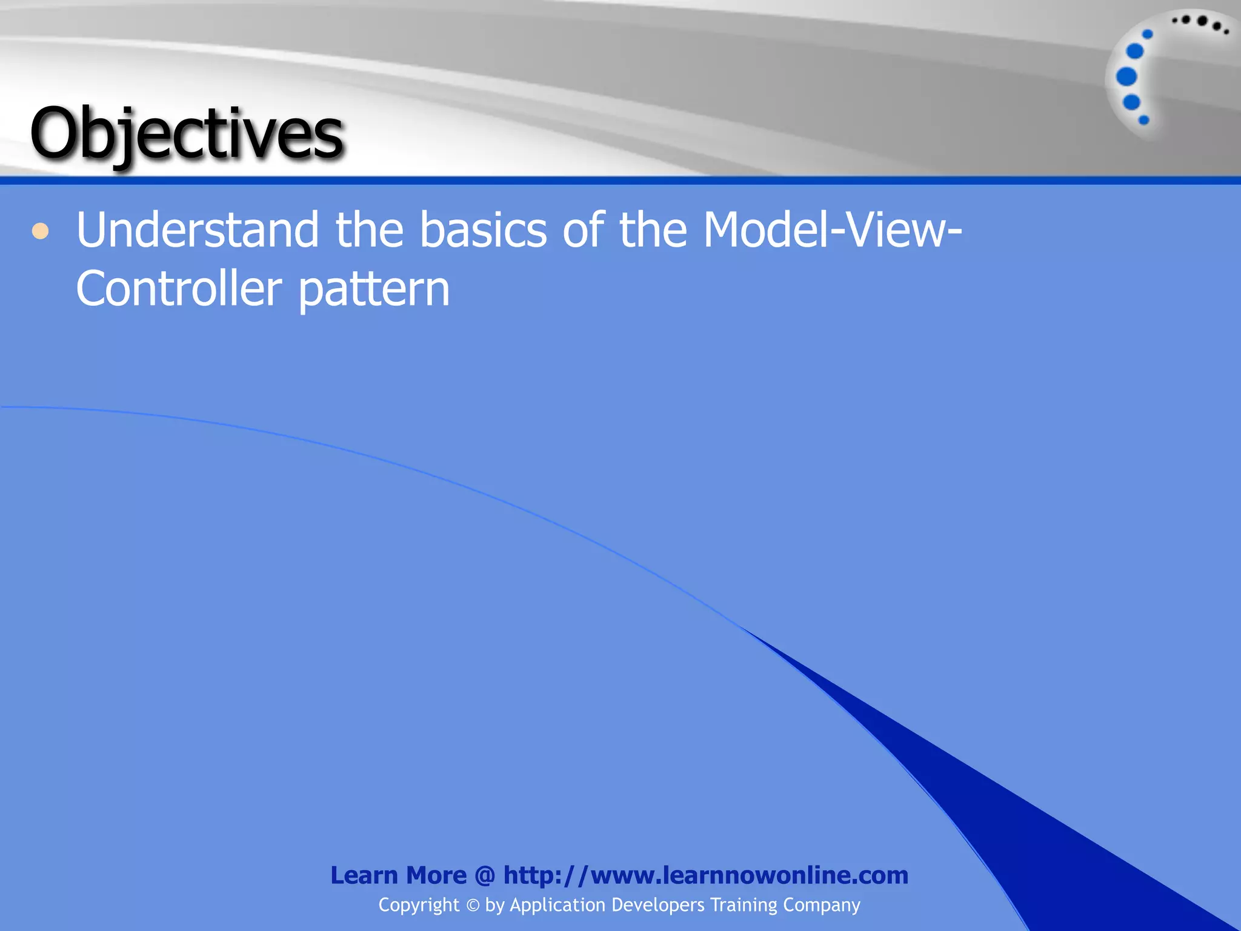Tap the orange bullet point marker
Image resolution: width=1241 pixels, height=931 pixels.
[40, 231]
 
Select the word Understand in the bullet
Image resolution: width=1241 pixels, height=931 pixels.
[198, 230]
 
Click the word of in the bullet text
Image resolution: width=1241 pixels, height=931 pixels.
[583, 230]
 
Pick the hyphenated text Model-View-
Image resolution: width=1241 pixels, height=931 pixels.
[832, 230]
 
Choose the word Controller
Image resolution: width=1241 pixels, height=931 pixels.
[179, 289]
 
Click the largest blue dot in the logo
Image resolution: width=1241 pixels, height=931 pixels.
[1126, 77]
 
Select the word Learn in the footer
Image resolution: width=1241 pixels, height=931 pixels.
[364, 875]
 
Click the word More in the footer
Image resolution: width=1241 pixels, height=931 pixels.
[436, 875]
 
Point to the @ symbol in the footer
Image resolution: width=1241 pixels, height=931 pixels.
[485, 876]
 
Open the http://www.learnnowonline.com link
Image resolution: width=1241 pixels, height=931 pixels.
[705, 875]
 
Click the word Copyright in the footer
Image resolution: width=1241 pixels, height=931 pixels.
[419, 905]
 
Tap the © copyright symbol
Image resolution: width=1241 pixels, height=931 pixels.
[473, 906]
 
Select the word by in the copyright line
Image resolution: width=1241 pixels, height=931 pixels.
[494, 906]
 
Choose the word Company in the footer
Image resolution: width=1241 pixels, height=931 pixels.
[822, 906]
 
